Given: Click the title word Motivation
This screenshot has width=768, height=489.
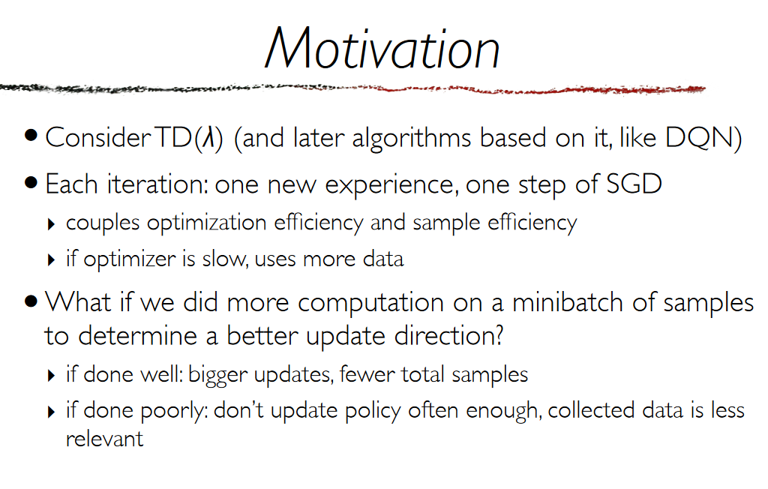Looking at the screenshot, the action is point(382,48).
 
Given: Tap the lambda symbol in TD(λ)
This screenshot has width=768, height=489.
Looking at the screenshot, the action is point(209,137).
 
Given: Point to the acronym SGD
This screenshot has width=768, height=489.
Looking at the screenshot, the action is point(634,184).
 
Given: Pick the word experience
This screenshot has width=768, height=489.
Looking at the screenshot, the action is point(391,186).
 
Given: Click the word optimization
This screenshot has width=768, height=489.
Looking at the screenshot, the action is point(207,223).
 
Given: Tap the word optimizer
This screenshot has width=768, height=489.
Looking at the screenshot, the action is point(129,259).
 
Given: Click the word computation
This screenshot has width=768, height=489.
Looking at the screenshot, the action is point(370,304).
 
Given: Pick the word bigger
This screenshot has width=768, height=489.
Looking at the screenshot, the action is point(218,375).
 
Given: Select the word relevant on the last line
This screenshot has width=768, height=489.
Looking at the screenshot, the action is point(104,439).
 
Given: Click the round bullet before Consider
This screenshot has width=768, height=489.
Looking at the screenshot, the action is point(31,136).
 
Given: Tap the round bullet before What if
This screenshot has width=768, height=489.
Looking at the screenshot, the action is point(31,301).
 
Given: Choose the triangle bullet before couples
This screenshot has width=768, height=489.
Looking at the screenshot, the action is point(52,225).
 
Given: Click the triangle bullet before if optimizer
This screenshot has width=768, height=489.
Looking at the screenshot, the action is point(52,260).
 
